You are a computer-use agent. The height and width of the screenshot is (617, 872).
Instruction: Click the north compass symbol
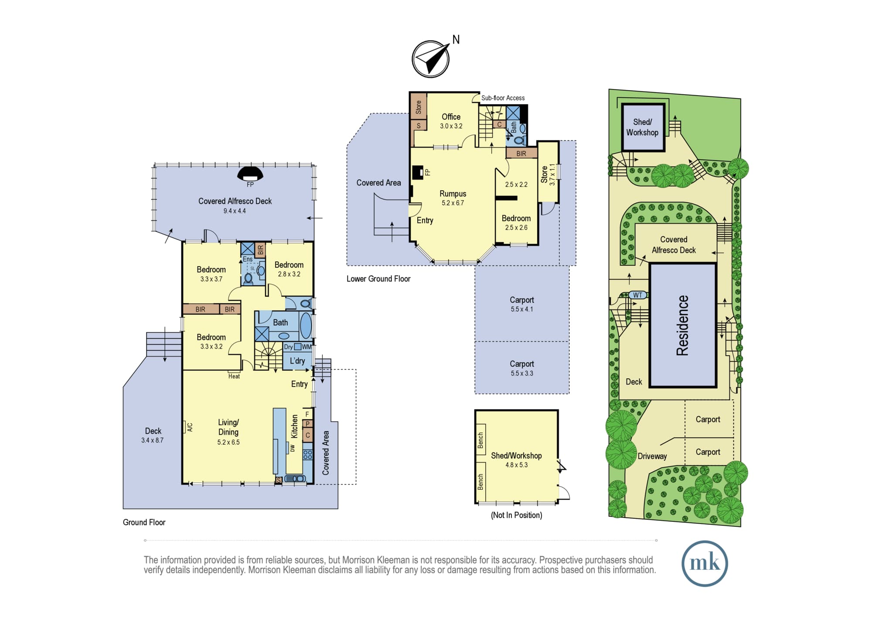(x=431, y=59)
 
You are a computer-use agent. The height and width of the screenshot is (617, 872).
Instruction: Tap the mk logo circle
(x=705, y=563)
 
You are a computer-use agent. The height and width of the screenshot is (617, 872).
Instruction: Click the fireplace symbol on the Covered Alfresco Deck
(x=250, y=174)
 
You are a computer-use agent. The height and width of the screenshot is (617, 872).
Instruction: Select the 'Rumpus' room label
(x=453, y=194)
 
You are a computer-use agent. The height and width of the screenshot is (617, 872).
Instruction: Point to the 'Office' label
(x=451, y=117)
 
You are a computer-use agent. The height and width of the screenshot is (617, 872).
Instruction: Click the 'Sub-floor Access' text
(x=503, y=98)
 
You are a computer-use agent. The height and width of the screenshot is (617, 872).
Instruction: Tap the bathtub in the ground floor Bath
(x=306, y=326)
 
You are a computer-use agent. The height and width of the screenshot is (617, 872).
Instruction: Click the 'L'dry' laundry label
(x=297, y=361)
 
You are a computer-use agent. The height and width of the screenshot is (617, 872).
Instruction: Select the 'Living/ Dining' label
(x=228, y=427)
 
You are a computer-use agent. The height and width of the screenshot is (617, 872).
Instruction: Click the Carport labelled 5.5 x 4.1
(x=521, y=304)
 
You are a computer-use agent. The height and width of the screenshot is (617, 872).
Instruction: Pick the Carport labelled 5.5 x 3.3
(x=521, y=368)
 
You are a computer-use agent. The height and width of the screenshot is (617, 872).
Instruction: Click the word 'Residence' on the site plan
(x=682, y=326)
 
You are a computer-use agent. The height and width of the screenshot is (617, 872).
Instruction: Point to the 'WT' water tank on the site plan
(x=637, y=295)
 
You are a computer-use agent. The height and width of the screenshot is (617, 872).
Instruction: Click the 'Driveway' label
(x=652, y=456)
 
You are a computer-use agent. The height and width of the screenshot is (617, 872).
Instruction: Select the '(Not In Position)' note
(x=516, y=515)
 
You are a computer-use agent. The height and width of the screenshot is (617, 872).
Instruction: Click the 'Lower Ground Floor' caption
(x=378, y=279)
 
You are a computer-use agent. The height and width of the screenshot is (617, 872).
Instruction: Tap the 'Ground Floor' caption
(x=144, y=522)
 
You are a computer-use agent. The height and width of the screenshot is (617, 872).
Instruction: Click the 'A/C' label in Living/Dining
(x=190, y=427)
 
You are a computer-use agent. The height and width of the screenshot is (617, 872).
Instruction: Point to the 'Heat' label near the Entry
(x=234, y=376)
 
